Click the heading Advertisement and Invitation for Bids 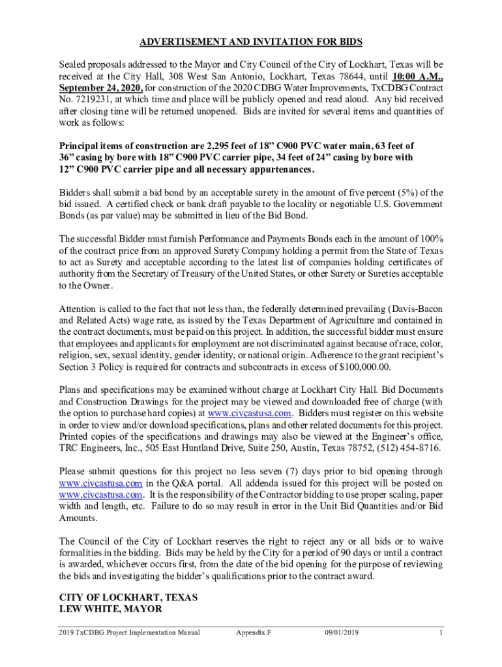pyautogui.click(x=251, y=42)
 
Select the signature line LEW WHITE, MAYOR pyautogui.click(x=110, y=609)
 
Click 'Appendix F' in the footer pyautogui.click(x=254, y=632)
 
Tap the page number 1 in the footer pyautogui.click(x=441, y=632)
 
